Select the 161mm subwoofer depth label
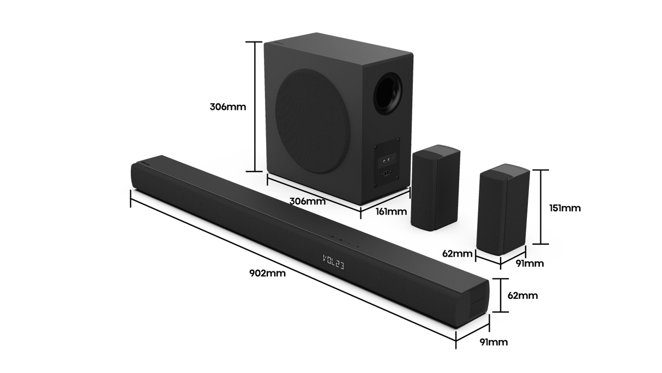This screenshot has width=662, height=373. point(391,210)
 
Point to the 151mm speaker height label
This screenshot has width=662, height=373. point(565,208)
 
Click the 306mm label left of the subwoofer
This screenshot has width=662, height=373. point(227,106)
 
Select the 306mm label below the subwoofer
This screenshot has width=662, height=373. point(308,201)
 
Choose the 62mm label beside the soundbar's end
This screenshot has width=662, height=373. point(522,295)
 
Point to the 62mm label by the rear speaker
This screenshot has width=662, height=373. point(457,253)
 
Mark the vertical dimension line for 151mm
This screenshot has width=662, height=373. point(540,207)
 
